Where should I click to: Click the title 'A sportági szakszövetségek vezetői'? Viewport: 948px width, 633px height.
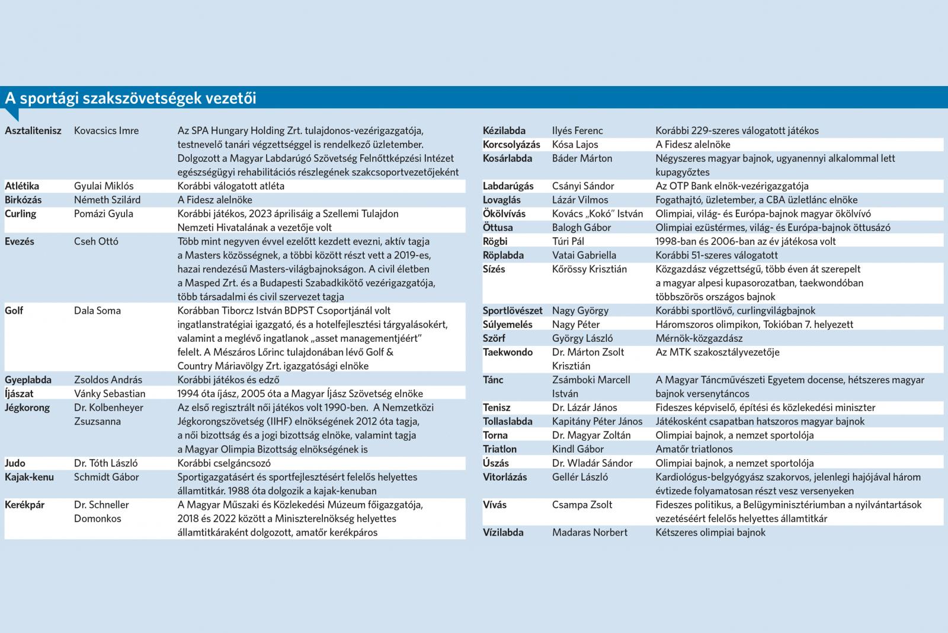pyautogui.click(x=130, y=98)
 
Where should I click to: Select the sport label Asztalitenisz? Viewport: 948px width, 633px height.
pyautogui.click(x=33, y=131)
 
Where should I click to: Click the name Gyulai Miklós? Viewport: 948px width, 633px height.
pyautogui.click(x=104, y=186)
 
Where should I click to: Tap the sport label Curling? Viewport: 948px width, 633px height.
pyautogui.click(x=21, y=214)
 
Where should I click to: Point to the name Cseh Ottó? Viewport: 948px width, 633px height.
pyautogui.click(x=96, y=241)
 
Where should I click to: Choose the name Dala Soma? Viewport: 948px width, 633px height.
pyautogui.click(x=97, y=310)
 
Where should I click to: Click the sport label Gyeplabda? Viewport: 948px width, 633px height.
pyautogui.click(x=28, y=380)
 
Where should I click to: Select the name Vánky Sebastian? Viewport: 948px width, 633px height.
pyautogui.click(x=110, y=393)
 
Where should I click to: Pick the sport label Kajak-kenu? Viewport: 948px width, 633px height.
pyautogui.click(x=30, y=477)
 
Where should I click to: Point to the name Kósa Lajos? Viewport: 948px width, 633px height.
pyautogui.click(x=575, y=144)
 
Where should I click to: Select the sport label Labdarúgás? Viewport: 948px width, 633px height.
pyautogui.click(x=508, y=186)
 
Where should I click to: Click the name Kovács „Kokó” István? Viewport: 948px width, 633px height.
pyautogui.click(x=597, y=214)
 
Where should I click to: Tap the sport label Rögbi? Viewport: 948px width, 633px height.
pyautogui.click(x=495, y=241)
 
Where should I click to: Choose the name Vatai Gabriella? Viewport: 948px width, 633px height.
pyautogui.click(x=584, y=255)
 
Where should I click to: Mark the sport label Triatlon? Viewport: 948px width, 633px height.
pyautogui.click(x=499, y=449)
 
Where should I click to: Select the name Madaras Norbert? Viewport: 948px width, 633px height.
pyautogui.click(x=590, y=532)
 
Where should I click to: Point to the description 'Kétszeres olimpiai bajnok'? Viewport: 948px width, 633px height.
pyautogui.click(x=710, y=532)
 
